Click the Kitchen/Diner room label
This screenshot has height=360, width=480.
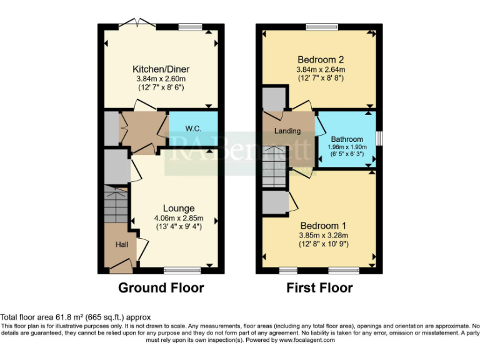click(161, 69)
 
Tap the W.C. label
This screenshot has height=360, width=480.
click(192, 129)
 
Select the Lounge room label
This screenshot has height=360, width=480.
click(179, 208)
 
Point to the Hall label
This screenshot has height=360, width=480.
click(121, 244)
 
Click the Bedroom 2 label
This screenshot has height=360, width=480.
click(320, 59)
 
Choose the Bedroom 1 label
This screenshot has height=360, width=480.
click(323, 226)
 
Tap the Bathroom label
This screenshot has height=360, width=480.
click(347, 139)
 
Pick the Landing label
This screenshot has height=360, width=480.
click(287, 131)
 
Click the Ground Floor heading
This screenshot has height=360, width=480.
click(161, 288)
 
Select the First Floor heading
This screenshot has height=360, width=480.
click(319, 288)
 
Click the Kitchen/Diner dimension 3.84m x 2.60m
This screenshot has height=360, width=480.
click(161, 79)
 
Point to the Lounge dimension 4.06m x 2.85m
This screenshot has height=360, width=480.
click(179, 218)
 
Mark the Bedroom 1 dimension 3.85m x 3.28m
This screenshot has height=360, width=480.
click(323, 236)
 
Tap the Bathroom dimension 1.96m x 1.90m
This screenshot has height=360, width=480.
click(347, 147)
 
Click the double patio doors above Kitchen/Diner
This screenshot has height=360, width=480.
click(137, 23)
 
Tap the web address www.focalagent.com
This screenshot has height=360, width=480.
click(307, 341)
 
